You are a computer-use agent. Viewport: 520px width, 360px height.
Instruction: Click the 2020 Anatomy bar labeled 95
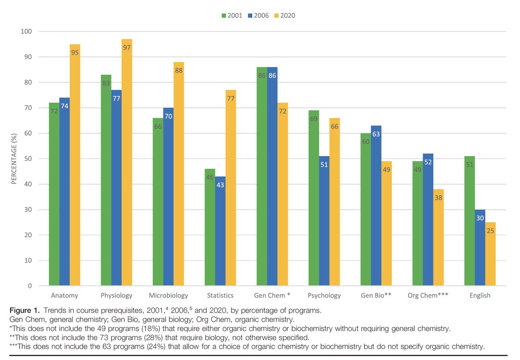coord(75,165)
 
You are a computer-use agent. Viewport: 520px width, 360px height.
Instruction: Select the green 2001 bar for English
coord(469,221)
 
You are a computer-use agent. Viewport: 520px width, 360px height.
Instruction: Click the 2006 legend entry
coord(258,16)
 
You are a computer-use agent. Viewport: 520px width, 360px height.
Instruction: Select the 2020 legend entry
coord(285,16)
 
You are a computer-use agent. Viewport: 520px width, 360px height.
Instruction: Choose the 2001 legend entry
coord(232,16)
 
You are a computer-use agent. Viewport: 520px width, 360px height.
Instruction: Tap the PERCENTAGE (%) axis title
coord(14,159)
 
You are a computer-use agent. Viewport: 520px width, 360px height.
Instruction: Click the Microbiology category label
coord(169,296)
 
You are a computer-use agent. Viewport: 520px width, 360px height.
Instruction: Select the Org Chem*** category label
coord(428,296)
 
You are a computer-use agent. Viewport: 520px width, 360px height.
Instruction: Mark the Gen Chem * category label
coord(272,296)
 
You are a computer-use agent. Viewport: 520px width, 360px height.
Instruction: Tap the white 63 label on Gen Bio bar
coord(376,134)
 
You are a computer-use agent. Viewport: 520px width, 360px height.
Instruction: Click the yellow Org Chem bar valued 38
coord(438,238)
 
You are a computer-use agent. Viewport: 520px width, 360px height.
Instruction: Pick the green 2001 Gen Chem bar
coord(262,177)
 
